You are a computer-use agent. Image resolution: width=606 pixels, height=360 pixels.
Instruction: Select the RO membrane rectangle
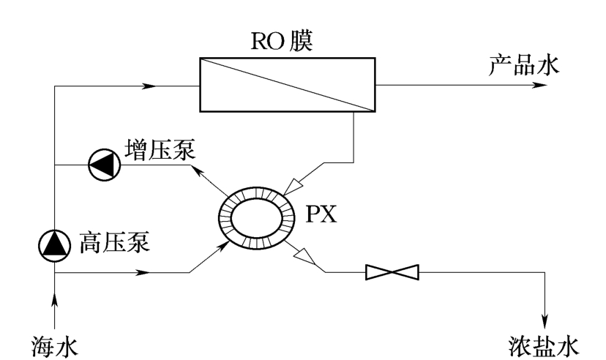click(287, 86)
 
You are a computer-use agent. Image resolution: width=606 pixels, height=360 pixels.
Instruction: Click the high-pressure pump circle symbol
click(55, 245)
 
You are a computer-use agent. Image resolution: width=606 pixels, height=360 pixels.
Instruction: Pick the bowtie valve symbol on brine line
click(392, 273)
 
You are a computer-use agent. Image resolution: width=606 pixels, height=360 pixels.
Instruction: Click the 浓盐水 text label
click(543, 342)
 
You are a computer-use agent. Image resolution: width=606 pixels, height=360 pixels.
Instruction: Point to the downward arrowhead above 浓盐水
click(545, 320)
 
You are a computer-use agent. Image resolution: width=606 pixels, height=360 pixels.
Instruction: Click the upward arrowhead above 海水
click(56, 299)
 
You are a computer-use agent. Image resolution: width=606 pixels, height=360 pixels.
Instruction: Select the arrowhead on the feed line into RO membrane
click(149, 86)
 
